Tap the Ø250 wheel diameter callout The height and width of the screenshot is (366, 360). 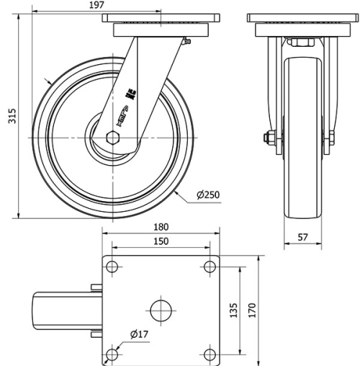pos(207,195)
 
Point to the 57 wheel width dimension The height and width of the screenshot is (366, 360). pos(303,236)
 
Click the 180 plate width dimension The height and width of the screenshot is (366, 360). pos(161,227)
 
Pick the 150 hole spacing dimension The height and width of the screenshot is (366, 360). pos(161,241)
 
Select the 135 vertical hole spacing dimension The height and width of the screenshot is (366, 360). pos(233,311)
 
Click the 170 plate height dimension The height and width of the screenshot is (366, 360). pos(252,311)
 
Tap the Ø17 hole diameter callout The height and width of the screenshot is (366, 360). pos(140,334)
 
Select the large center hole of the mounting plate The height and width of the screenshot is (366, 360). pos(161,311)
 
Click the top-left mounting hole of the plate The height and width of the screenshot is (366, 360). pos(112,267)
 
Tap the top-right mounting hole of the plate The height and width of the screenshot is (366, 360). pos(210,267)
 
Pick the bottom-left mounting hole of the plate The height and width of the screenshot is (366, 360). pos(112,354)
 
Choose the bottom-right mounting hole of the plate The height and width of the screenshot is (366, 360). pos(210,354)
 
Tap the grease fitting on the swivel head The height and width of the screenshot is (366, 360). pos(186,44)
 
